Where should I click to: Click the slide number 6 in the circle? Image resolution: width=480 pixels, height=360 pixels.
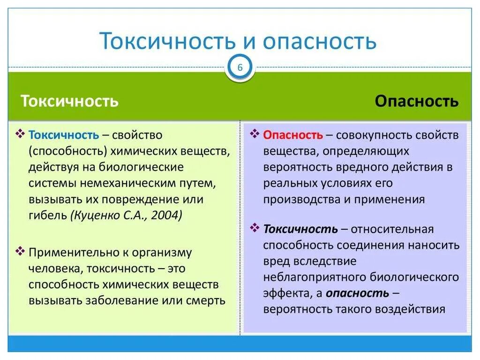240,68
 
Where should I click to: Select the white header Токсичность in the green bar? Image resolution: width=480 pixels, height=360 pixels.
69,101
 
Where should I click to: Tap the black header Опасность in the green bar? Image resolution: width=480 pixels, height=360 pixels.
417,101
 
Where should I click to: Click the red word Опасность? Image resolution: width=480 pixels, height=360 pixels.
293,135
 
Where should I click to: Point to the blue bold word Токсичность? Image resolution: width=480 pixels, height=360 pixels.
64,135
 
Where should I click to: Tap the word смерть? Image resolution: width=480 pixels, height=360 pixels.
204,300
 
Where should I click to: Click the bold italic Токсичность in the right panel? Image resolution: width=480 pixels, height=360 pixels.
300,229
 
